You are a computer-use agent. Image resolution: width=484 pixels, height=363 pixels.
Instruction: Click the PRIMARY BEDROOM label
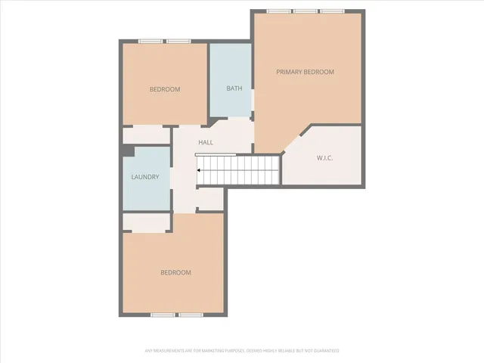click(305, 72)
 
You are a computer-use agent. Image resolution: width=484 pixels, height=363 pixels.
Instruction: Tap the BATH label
click(234, 88)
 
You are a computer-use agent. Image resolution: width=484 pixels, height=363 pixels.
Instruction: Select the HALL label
click(206, 142)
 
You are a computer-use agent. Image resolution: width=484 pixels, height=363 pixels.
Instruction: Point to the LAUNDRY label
click(144, 177)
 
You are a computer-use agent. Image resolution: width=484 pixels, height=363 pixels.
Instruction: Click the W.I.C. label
click(324, 158)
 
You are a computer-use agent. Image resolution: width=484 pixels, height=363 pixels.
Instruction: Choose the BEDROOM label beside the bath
click(164, 89)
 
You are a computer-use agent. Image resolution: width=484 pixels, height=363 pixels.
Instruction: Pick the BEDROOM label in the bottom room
click(175, 272)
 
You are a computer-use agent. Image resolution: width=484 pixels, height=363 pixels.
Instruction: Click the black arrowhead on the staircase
click(199, 170)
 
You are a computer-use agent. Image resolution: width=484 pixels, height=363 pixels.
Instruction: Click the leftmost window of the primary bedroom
click(279, 11)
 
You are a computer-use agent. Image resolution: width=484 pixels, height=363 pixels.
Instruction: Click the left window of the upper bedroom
click(150, 42)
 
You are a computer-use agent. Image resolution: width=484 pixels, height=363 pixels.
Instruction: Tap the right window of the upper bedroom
click(179, 42)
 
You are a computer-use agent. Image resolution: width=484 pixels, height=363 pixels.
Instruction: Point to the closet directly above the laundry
click(146, 135)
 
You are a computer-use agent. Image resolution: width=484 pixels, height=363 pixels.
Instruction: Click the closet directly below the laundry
click(147, 222)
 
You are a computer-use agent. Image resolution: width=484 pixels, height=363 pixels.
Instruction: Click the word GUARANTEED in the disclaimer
click(327, 351)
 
